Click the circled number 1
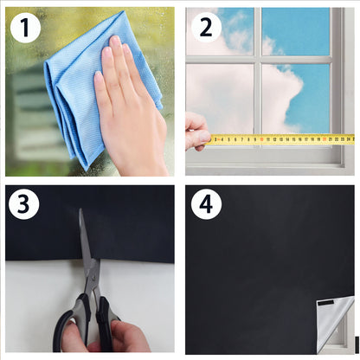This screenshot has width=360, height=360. pyautogui.click(x=25, y=28)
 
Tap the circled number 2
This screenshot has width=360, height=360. pyautogui.click(x=206, y=28)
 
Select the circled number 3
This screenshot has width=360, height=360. pyautogui.click(x=23, y=204)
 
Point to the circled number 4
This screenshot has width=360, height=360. pyautogui.click(x=206, y=204)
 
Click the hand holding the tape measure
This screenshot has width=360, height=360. pyautogui.click(x=196, y=132)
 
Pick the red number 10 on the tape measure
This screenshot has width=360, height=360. pyautogui.click(x=261, y=139)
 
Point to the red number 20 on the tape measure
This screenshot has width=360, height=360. pyautogui.click(x=325, y=139)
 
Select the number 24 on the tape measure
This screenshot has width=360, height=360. pyautogui.click(x=349, y=139)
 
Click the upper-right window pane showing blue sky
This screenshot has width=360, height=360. pyautogui.click(x=296, y=31)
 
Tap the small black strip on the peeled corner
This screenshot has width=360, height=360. pyautogui.click(x=325, y=303)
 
